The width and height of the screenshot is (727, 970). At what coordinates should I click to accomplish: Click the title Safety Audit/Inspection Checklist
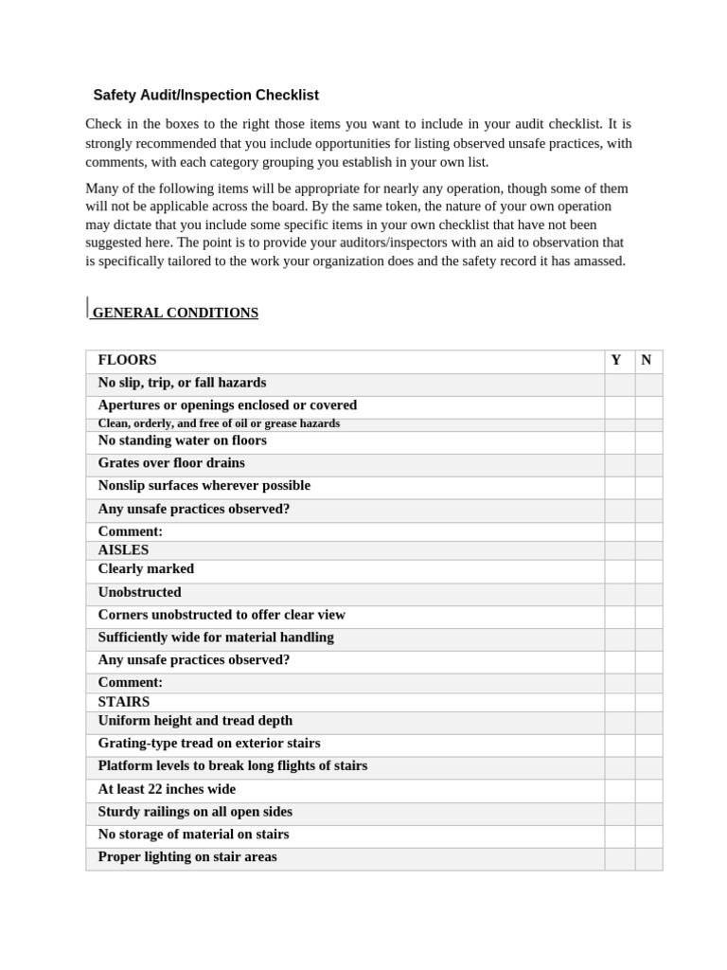[205, 96]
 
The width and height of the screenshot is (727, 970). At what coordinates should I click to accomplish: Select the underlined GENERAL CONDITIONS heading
[174, 313]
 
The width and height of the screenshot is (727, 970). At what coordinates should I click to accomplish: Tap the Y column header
[616, 360]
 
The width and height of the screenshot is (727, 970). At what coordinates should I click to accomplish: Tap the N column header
[647, 360]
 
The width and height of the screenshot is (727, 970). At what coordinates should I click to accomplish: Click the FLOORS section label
[127, 360]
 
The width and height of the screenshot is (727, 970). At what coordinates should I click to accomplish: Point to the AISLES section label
[123, 549]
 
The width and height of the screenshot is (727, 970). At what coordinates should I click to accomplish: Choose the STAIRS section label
[124, 702]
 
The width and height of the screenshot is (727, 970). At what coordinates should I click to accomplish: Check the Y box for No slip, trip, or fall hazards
[619, 384]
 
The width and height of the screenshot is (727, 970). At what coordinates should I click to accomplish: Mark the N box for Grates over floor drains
[648, 464]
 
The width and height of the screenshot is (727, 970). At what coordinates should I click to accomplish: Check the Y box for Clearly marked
[619, 570]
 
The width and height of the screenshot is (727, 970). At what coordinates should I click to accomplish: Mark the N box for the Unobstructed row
[648, 593]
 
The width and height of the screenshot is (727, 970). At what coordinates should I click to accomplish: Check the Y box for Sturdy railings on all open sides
[619, 813]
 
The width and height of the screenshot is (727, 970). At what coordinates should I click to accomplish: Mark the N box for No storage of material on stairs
[648, 835]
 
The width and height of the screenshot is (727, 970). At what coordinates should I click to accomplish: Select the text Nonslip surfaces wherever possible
[204, 486]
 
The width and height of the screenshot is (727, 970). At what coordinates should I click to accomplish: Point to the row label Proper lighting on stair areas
[187, 857]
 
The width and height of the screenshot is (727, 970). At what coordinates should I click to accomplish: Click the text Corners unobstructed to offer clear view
[222, 615]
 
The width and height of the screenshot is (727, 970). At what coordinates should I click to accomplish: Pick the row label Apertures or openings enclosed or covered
[227, 405]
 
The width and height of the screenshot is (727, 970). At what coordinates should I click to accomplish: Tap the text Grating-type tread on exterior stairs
[209, 744]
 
